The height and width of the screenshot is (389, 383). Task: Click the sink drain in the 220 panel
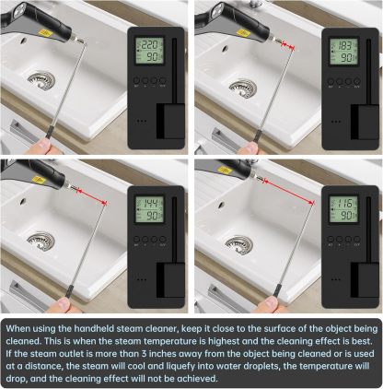pos(41,80)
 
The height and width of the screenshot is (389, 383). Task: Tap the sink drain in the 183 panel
pos(243,88)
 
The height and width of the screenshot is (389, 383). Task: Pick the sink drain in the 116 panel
pos(239,245)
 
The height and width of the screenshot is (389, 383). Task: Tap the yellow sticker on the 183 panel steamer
pos(243,32)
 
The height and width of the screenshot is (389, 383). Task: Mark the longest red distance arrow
pos(288,192)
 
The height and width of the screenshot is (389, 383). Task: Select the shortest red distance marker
pos(288,45)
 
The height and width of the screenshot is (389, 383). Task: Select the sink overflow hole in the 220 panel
pos(23,40)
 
